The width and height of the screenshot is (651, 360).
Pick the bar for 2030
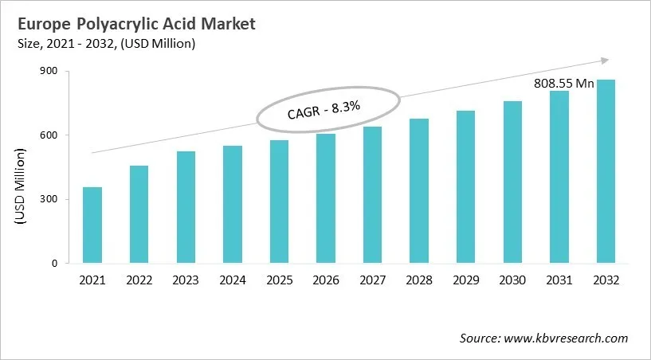[511, 182]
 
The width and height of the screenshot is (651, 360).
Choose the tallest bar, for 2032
[606, 171]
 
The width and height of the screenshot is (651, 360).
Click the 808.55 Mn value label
[563, 83]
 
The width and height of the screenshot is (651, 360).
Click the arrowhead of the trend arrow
[604, 60]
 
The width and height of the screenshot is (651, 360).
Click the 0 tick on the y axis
[54, 264]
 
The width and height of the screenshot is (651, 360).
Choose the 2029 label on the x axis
[464, 280]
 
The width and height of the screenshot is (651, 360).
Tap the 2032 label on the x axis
[606, 280]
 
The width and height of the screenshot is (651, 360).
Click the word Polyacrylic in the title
[109, 24]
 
